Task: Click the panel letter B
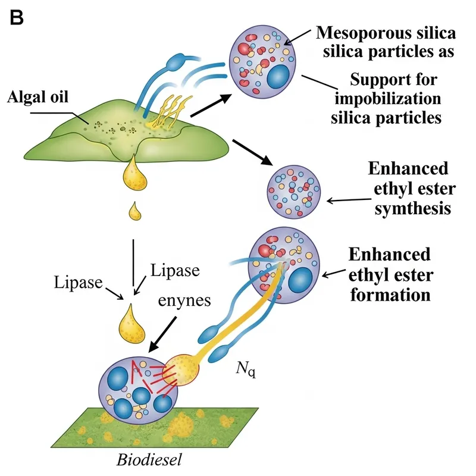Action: [x=16, y=18]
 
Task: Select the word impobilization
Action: [x=394, y=98]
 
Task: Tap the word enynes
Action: [x=184, y=300]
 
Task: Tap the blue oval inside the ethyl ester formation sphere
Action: [x=301, y=280]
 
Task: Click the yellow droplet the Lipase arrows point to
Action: [x=133, y=322]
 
